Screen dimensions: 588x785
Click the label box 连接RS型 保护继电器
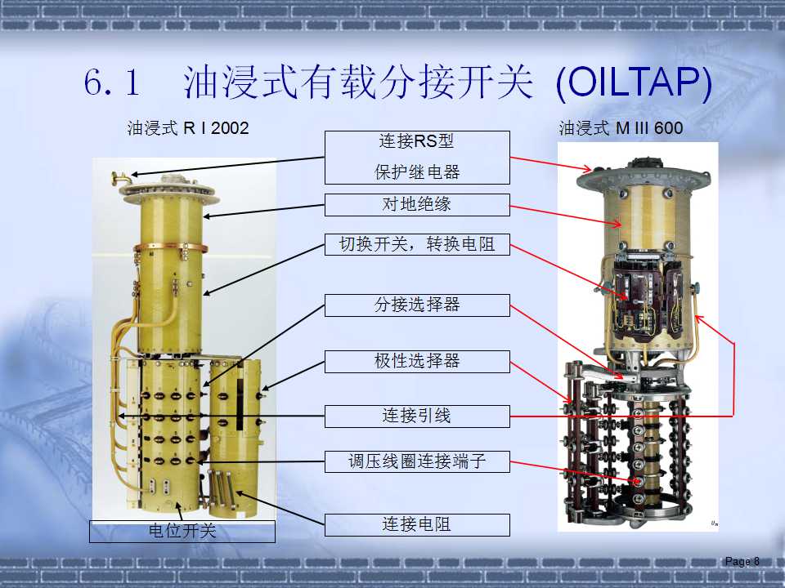click(x=417, y=157)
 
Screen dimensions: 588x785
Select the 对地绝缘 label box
click(x=417, y=204)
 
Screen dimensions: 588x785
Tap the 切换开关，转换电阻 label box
click(x=417, y=244)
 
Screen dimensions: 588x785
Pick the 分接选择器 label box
click(x=417, y=305)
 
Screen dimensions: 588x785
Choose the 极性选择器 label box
click(x=417, y=361)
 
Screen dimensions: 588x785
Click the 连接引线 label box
click(x=417, y=416)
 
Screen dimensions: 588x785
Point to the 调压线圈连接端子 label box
click(x=417, y=461)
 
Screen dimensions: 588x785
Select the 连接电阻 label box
click(x=417, y=524)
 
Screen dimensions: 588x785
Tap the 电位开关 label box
click(x=182, y=532)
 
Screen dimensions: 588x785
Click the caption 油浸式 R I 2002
click(x=187, y=128)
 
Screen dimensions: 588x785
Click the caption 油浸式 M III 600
click(x=621, y=128)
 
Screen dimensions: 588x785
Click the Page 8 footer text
click(x=742, y=561)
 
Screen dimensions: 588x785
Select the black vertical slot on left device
click(x=240, y=404)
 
